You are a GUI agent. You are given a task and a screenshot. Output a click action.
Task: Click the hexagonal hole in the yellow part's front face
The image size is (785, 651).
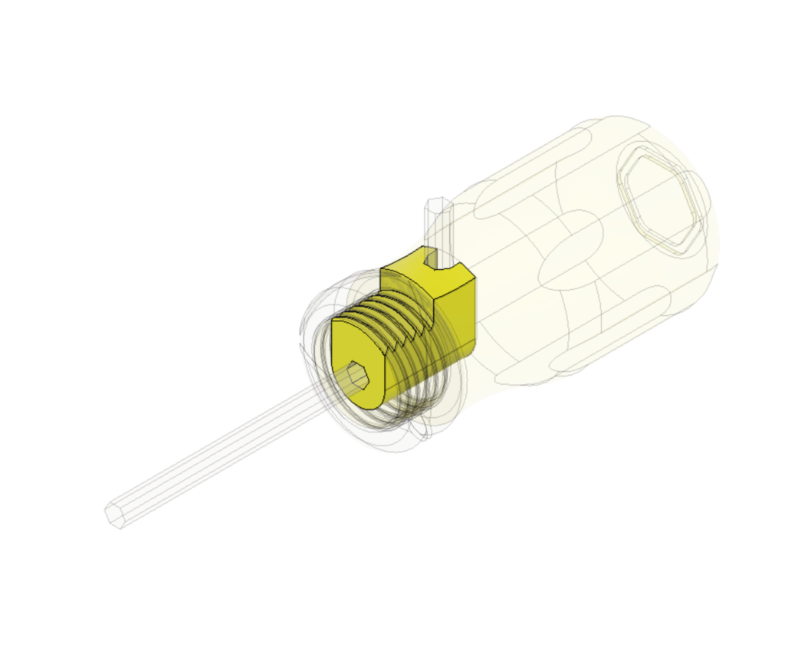coord(357,376)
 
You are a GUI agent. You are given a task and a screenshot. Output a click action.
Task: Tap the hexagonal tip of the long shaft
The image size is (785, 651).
coord(115,515)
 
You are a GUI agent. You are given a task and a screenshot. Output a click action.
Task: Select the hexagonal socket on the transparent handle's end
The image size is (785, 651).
coord(664,201)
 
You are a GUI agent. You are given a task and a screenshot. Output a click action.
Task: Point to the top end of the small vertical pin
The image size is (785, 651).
coord(438,204)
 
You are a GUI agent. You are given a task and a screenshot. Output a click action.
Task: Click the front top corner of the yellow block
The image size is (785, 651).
coord(382,270)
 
